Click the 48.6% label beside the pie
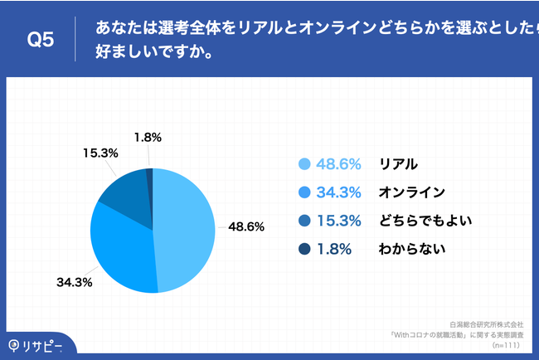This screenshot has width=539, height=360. [x=247, y=226]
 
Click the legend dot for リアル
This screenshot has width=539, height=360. [x=303, y=164]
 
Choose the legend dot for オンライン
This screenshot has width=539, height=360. [x=303, y=192]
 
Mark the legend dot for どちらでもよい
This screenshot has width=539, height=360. [x=303, y=221]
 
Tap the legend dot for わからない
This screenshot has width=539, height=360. [x=303, y=249]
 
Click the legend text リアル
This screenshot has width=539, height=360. [x=398, y=164]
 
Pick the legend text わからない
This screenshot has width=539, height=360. [x=411, y=249]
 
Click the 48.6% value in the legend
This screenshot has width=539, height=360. [x=339, y=164]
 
